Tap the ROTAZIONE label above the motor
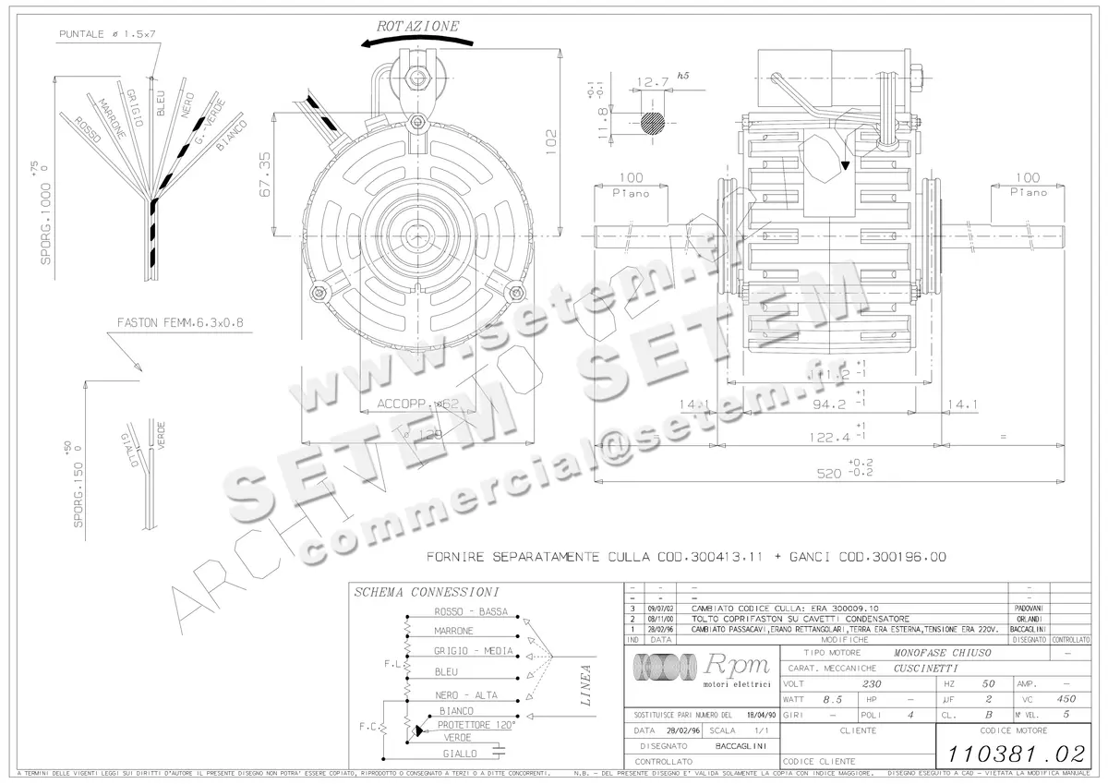pos(417,26)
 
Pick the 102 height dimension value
pos(551,139)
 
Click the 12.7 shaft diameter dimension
pos(652,82)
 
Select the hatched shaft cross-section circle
pos(653,124)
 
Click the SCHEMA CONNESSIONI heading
pos(427,592)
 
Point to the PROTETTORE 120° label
pos(476,725)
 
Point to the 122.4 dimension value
pos(827,435)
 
